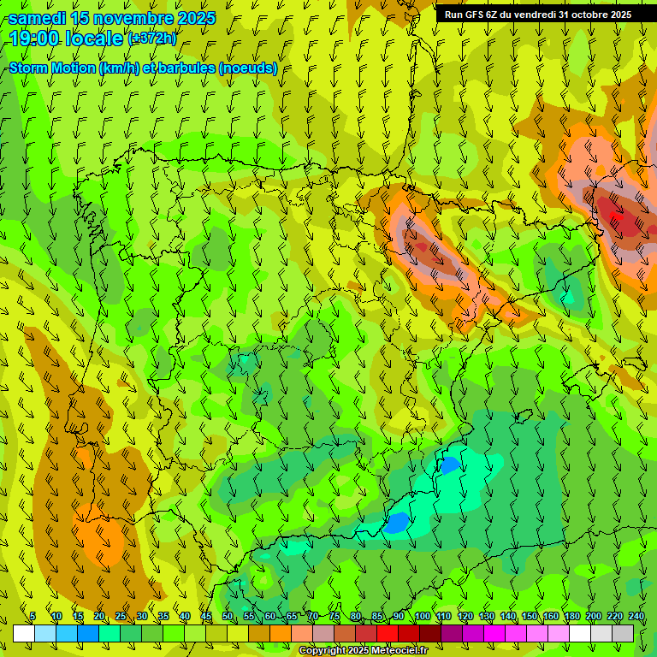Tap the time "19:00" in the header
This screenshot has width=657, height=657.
(36, 38)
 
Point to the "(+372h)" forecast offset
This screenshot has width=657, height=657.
(152, 38)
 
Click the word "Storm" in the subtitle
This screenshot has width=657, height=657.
(29, 68)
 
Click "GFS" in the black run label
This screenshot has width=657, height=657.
(476, 15)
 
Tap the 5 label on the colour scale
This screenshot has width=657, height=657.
(33, 616)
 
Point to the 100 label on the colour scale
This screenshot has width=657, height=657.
(423, 616)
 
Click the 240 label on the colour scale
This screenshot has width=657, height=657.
(636, 616)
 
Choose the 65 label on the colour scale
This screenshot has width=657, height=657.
(292, 616)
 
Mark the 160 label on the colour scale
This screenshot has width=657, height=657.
(551, 616)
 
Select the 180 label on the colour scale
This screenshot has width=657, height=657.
(572, 616)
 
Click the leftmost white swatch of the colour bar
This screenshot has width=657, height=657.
(23, 633)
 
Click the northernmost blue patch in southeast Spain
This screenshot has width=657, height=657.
(448, 465)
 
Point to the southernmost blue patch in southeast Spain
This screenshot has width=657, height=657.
(396, 522)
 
